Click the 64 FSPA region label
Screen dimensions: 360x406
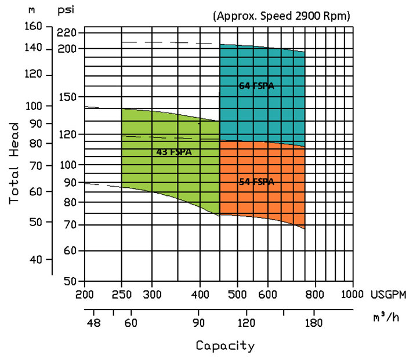256,86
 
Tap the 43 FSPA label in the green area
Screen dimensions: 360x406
174,152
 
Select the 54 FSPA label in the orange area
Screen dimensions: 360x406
256,181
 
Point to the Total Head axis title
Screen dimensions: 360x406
16,162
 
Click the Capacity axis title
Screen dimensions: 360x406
225,346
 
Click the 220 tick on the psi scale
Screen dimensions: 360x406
67,32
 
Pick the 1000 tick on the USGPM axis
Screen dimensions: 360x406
351,294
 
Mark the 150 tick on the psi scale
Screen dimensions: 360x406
67,97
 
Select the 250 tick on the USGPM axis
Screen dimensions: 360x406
122,294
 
